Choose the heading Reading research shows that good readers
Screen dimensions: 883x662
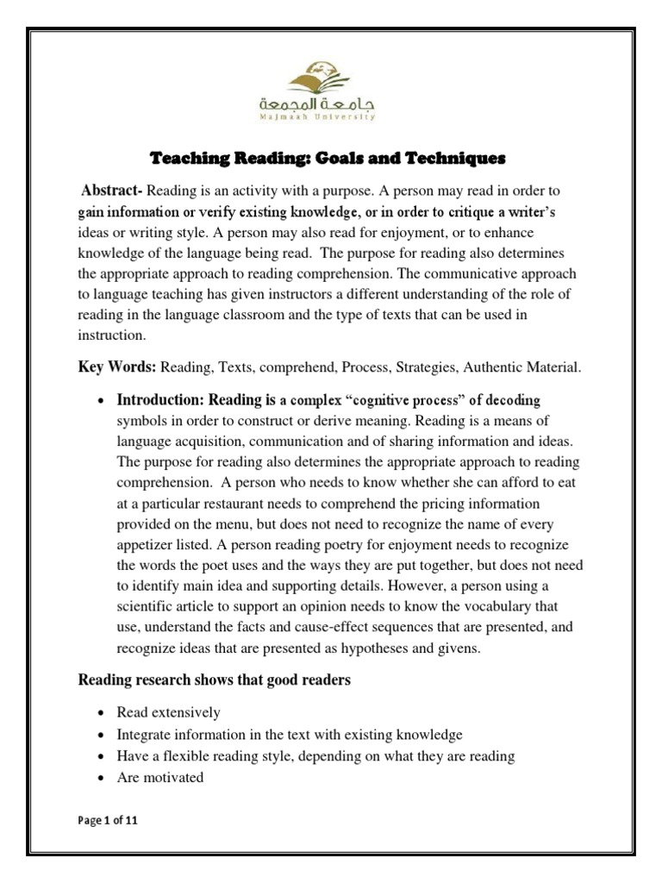(x=215, y=680)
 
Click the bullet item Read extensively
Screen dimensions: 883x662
(x=169, y=713)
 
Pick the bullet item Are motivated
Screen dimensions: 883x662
(x=160, y=777)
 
